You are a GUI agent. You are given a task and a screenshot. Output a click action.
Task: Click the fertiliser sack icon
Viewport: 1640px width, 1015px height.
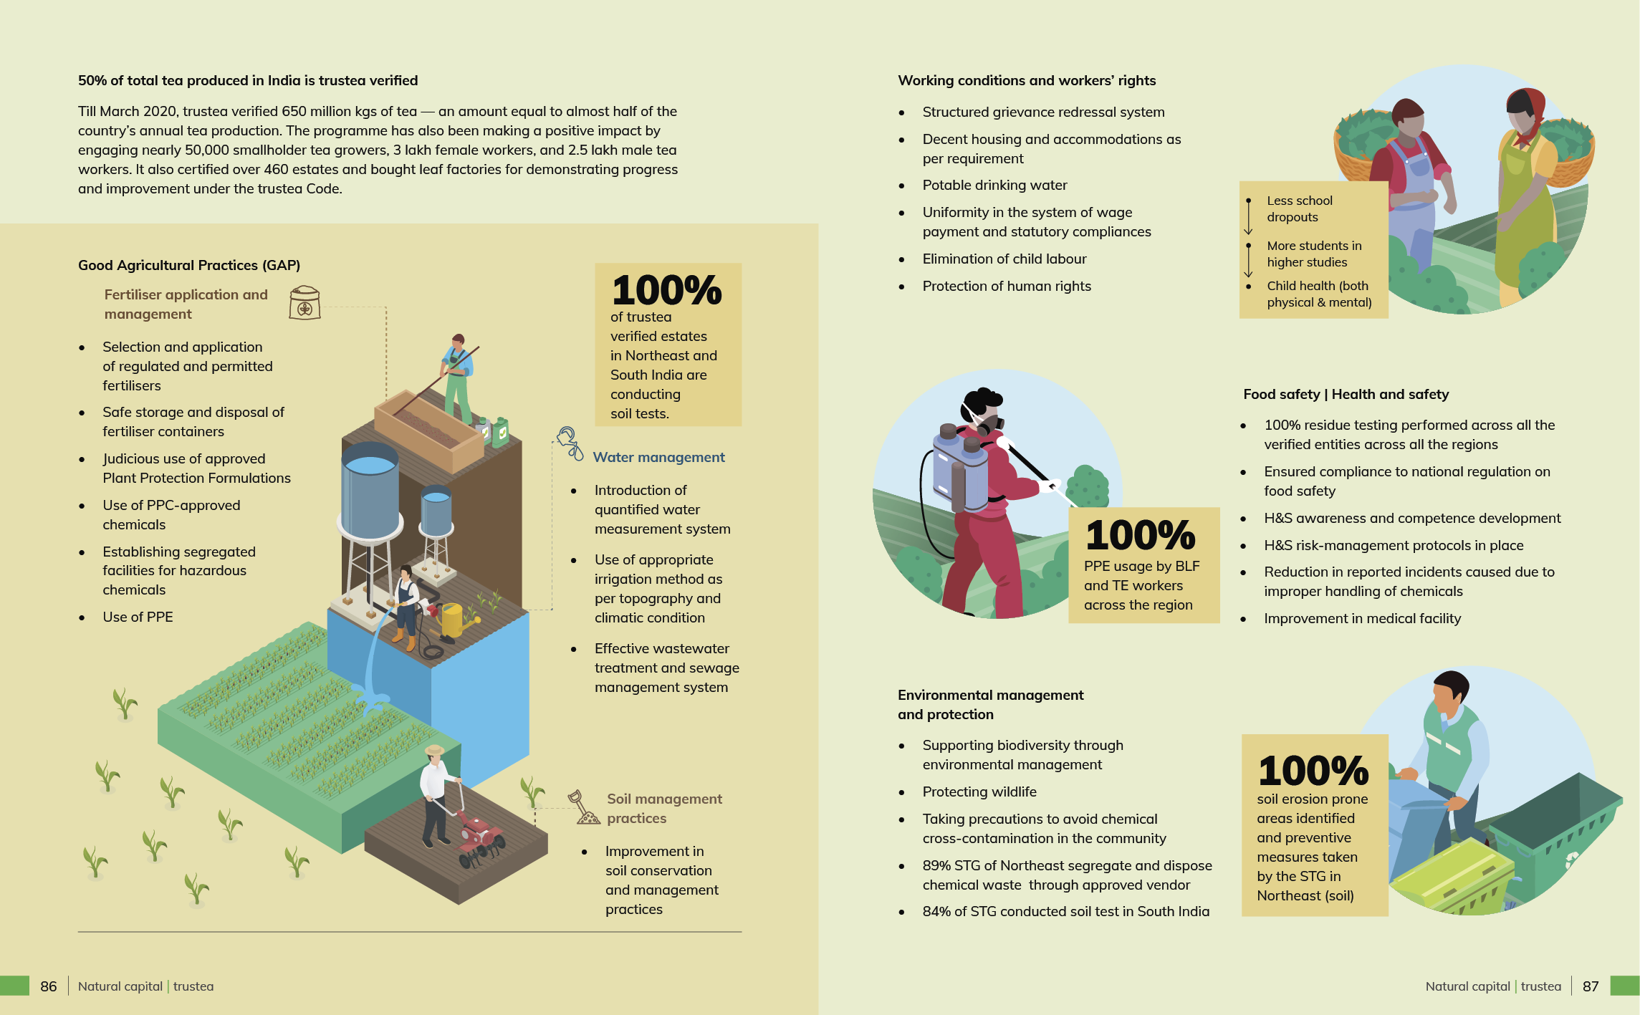[304, 303]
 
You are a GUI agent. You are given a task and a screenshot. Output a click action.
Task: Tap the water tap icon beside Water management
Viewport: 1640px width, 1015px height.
[570, 443]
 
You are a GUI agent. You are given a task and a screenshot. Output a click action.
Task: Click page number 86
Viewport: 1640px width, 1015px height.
[49, 986]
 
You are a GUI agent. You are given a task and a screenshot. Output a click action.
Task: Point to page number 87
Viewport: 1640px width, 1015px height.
[1591, 986]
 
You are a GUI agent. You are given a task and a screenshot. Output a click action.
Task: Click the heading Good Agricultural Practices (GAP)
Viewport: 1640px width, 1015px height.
[189, 265]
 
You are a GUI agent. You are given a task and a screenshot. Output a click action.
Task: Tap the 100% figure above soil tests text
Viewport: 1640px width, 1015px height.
[666, 290]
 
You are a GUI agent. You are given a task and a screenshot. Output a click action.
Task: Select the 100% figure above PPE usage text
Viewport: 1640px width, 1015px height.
[1141, 535]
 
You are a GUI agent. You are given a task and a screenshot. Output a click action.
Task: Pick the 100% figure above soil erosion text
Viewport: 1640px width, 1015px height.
[1313, 771]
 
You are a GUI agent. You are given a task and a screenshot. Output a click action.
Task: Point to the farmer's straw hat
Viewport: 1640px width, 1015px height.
[435, 750]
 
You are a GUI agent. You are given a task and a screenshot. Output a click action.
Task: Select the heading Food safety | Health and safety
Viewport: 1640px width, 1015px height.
[1346, 394]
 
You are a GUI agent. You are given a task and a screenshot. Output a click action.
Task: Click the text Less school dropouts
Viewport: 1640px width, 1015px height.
[1299, 208]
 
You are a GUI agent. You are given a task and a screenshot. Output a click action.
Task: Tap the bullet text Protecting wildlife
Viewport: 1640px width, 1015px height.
[979, 792]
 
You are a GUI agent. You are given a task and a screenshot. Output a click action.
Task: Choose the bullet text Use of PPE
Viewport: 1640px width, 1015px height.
[138, 617]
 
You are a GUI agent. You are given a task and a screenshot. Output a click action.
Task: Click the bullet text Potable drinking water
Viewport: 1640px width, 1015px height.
[994, 185]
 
